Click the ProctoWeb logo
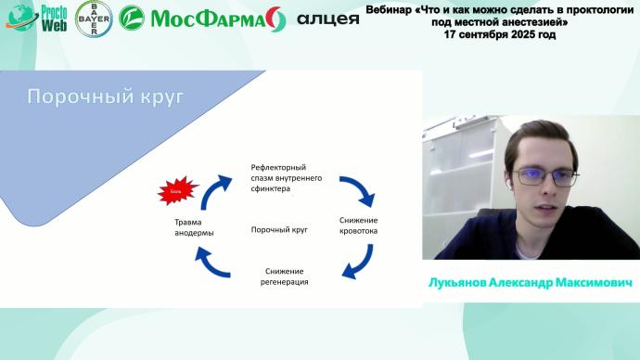pyautogui.click(x=34, y=18)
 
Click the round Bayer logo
pyautogui.click(x=93, y=18)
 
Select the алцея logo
pyautogui.click(x=326, y=19)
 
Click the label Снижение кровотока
pyautogui.click(x=358, y=225)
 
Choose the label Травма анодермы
pyautogui.click(x=194, y=227)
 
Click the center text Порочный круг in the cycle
pyautogui.click(x=279, y=228)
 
